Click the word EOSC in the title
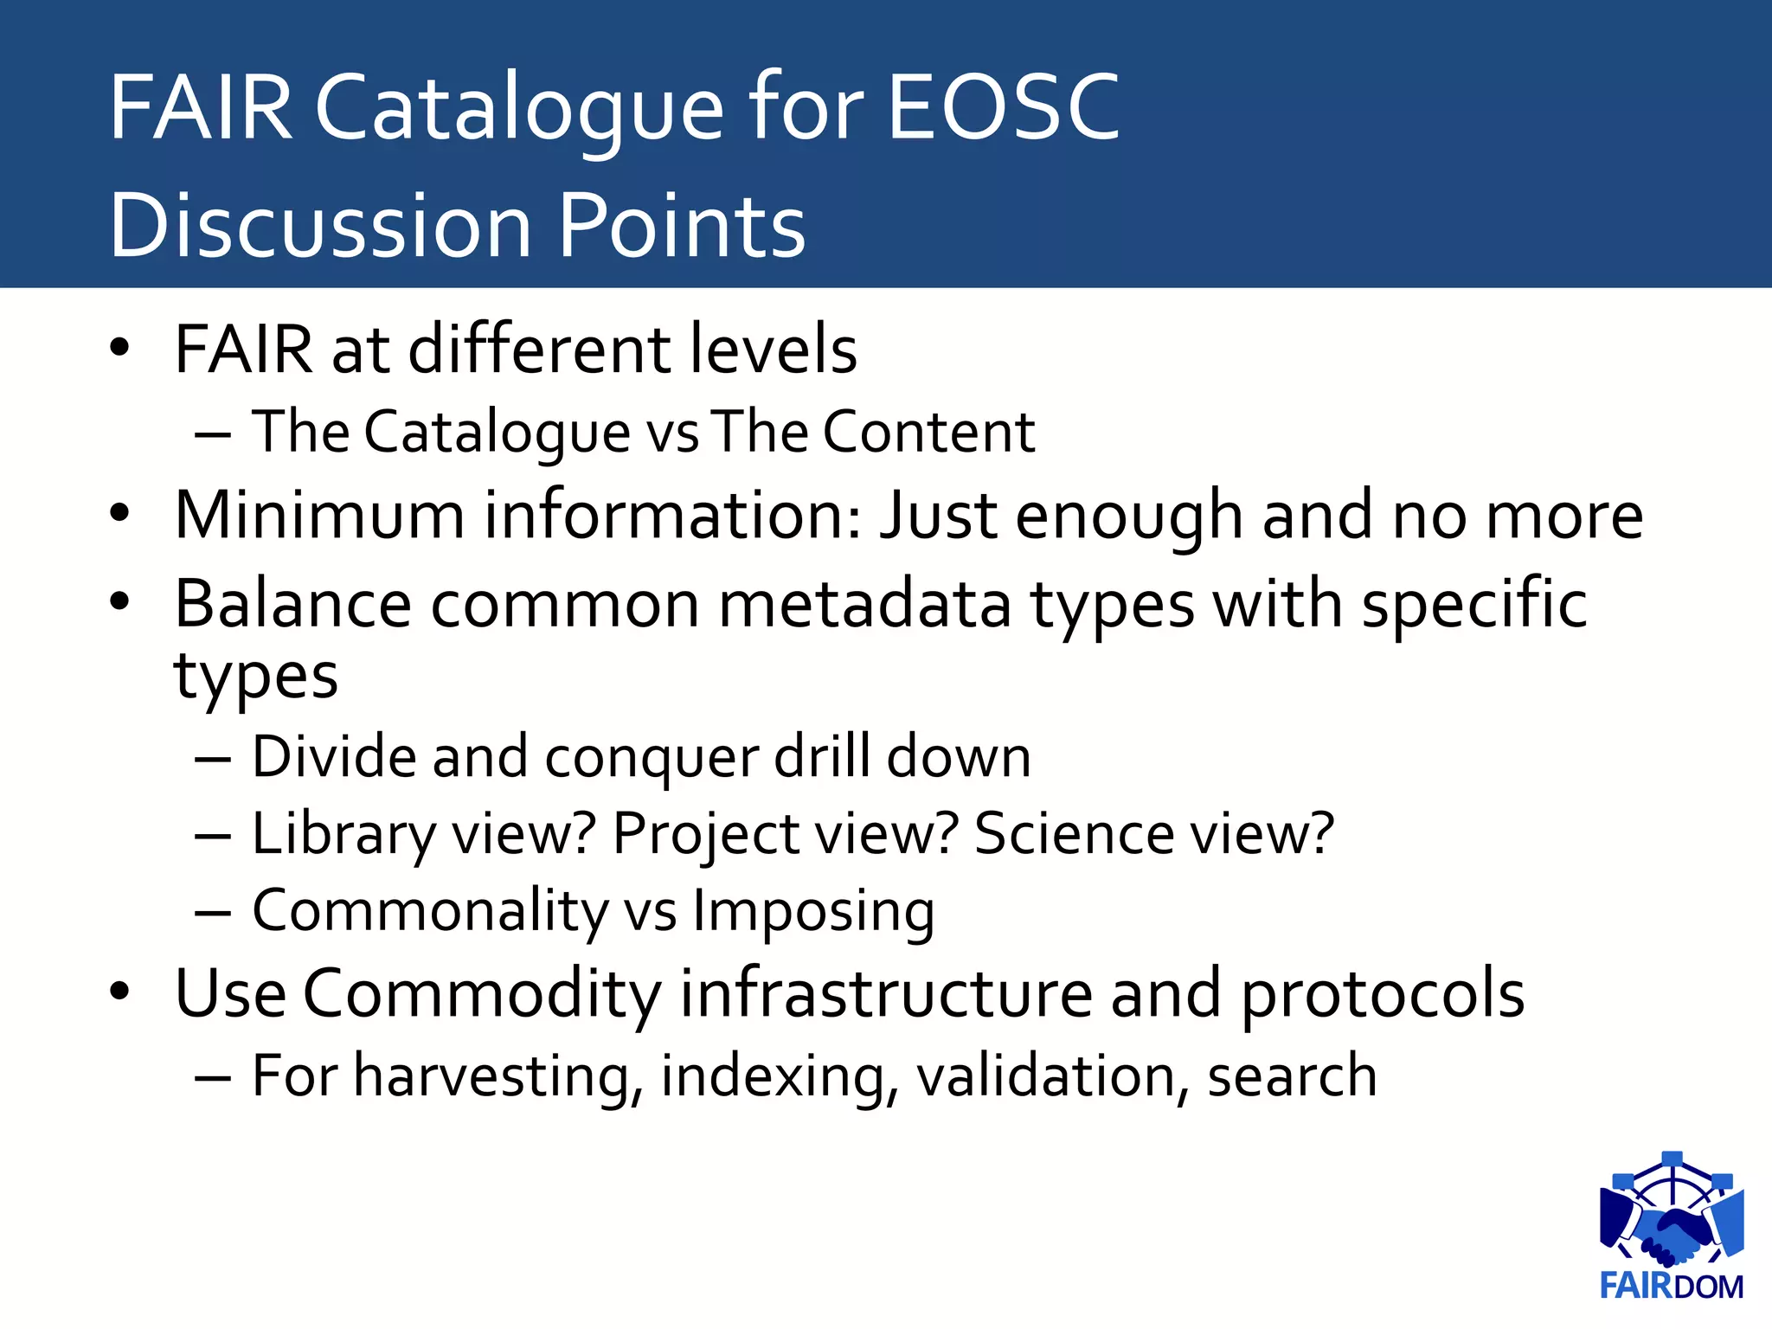[x=1004, y=107]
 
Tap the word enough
[x=1128, y=517]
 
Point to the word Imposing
[x=813, y=912]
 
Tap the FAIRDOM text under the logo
[x=1671, y=1286]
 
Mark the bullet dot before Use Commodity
[x=119, y=992]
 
